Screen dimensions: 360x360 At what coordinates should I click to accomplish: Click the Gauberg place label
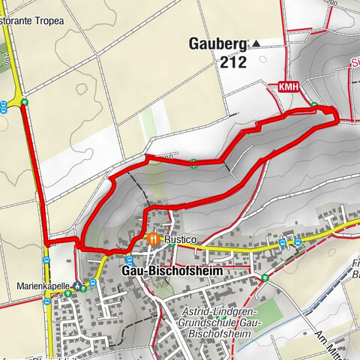[219, 43]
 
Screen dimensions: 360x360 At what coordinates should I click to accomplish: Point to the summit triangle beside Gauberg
[257, 43]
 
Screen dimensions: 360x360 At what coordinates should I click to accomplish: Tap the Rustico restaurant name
[181, 238]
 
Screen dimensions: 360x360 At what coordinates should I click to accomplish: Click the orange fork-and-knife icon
[153, 238]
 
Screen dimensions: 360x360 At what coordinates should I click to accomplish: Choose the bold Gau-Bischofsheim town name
[165, 268]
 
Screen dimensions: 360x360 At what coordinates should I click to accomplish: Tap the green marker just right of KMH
[315, 105]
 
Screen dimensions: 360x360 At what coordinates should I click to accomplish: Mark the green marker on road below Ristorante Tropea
[25, 102]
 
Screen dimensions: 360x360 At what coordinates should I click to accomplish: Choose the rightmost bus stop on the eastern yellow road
[298, 242]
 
